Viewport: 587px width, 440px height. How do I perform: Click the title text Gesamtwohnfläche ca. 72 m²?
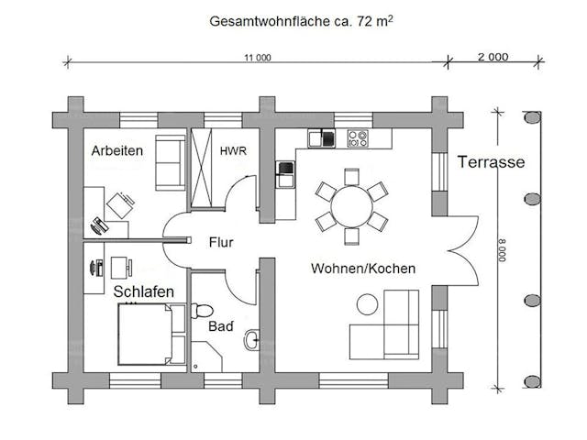click(x=293, y=19)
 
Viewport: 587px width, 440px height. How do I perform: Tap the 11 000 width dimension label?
click(x=258, y=58)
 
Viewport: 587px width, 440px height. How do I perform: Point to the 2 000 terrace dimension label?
click(x=493, y=57)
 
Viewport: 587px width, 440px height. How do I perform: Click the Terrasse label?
click(x=490, y=163)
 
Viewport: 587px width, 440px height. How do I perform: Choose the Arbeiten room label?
click(x=117, y=150)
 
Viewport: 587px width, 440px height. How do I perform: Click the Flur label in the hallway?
click(x=221, y=243)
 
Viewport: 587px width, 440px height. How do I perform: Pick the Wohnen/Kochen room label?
click(x=363, y=269)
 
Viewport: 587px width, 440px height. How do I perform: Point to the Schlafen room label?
click(x=144, y=291)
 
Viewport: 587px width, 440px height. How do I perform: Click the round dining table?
click(x=350, y=204)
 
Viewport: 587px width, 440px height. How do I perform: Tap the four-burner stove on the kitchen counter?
click(x=357, y=139)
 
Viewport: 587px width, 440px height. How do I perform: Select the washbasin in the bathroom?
click(x=251, y=341)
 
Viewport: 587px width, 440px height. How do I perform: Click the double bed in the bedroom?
click(x=144, y=333)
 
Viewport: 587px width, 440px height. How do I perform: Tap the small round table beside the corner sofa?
click(x=367, y=302)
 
